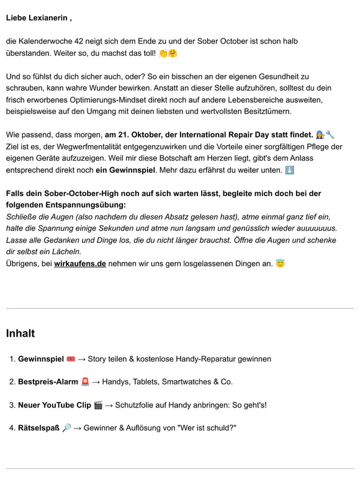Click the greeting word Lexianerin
tap(48, 18)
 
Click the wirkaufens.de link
tap(80, 264)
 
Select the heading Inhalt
tap(20, 333)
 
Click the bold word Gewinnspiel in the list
tap(40, 358)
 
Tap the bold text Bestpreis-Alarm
tap(47, 381)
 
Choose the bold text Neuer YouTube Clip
tap(55, 405)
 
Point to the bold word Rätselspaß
tap(39, 428)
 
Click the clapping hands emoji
tap(163, 53)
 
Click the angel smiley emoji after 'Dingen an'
tap(280, 264)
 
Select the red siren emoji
tap(85, 381)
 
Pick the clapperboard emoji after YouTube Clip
tap(98, 405)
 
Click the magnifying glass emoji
tap(67, 428)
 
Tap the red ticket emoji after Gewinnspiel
tap(71, 358)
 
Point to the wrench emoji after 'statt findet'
tap(330, 135)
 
